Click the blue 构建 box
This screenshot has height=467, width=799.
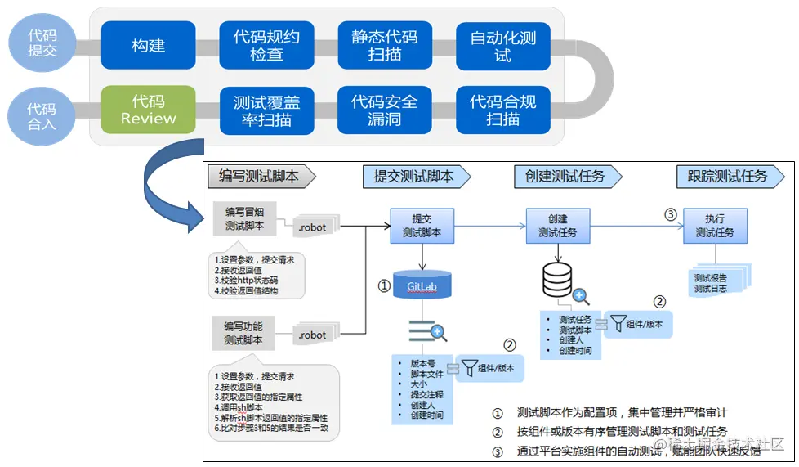coord(148,46)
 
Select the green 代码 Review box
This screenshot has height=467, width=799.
coord(148,110)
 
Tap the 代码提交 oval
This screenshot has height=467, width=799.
coord(42,43)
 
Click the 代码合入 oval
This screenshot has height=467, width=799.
coord(42,116)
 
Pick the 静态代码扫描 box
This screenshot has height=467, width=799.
coord(384,46)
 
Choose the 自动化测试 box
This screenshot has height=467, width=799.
coord(502,46)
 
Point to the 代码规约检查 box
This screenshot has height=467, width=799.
coord(266,46)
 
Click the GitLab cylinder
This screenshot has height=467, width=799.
coord(422,285)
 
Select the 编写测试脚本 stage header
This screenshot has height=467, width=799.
coord(259,176)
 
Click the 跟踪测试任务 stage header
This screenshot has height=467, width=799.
coord(726,176)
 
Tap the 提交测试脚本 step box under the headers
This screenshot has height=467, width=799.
coord(422,226)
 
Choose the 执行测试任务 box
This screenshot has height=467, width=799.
coord(714,226)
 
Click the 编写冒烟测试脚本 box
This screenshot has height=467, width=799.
coord(242,219)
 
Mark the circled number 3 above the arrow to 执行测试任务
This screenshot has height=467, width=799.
coord(671,215)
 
